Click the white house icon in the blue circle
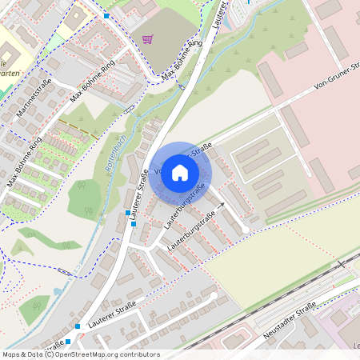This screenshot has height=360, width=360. (x=180, y=171)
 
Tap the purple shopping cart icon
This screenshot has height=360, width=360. (x=148, y=38)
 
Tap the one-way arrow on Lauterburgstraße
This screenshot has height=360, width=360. (x=221, y=206)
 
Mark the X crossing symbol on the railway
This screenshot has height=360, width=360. (x=342, y=263)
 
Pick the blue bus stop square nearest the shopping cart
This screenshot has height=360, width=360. (x=107, y=16)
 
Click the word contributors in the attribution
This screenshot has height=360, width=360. (x=137, y=354)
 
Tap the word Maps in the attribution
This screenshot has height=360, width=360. (x=10, y=354)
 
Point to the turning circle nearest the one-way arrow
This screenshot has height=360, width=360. (x=246, y=230)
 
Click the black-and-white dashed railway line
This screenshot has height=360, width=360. (x=264, y=304)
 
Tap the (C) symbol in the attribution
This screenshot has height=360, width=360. (x=51, y=354)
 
